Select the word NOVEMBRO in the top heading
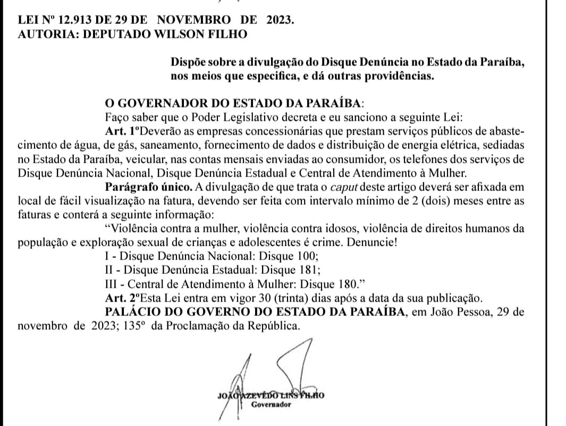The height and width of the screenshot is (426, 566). click(195, 21)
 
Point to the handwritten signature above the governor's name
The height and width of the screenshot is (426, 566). click(274, 372)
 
